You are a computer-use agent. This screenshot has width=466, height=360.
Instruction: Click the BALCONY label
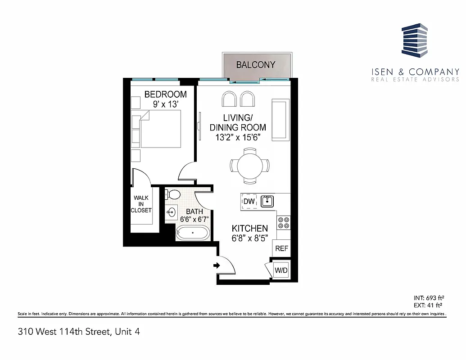pos(255,65)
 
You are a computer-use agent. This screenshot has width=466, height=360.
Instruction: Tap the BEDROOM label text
pos(165,94)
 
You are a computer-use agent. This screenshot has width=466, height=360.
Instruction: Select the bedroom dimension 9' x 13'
pos(165,103)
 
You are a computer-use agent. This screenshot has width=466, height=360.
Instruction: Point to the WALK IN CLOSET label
pos(141,204)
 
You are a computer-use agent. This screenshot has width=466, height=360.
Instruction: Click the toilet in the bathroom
pos(172,194)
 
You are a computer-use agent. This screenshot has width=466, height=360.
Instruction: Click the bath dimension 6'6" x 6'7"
pos(195,219)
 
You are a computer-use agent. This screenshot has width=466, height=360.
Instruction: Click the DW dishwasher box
pos(249,202)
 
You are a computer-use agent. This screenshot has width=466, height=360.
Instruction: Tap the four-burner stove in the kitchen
pos(284,222)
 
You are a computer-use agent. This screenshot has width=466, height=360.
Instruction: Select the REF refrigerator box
pos(281,248)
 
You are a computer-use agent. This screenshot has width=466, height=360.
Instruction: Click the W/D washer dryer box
pos(281,270)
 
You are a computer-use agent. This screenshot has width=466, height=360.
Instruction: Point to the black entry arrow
pos(216,266)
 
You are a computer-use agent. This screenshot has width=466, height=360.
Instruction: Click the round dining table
pos(249,166)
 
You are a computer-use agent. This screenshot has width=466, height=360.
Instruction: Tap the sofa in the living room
pos(279,120)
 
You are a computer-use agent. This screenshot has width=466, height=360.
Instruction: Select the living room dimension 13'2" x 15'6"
pos(238,136)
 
